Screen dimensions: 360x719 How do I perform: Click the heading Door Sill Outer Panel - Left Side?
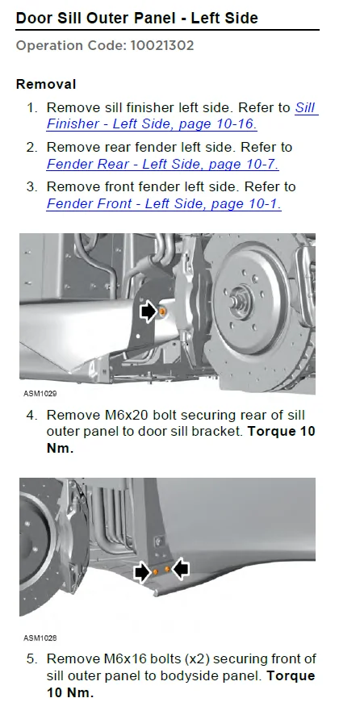click(136, 18)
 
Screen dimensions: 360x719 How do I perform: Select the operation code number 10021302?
click(162, 45)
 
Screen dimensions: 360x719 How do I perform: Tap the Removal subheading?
click(46, 85)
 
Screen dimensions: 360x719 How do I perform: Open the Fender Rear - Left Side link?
click(163, 164)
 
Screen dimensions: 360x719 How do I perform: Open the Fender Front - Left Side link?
click(164, 203)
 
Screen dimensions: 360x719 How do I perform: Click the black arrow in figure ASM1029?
click(148, 312)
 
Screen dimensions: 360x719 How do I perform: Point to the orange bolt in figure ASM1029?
click(162, 311)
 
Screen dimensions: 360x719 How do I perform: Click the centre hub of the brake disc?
click(240, 299)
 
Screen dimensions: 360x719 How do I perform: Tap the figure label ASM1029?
click(40, 394)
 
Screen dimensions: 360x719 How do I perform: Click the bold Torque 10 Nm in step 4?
click(181, 440)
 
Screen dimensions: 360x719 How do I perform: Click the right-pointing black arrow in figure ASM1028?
click(142, 572)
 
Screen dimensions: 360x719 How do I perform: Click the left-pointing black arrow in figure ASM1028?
click(181, 569)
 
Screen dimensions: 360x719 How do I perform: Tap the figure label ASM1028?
click(40, 637)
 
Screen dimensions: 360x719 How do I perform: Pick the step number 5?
click(31, 659)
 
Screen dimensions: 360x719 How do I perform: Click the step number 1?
click(31, 108)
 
